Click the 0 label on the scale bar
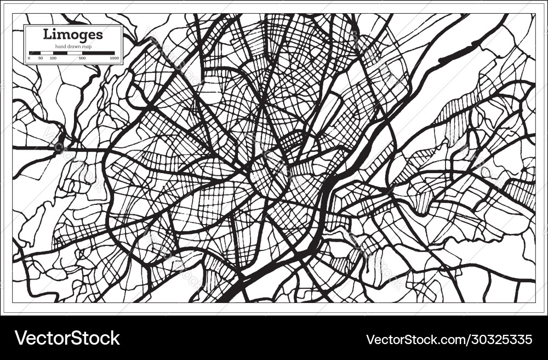(29, 58)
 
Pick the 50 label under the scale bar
(41, 58)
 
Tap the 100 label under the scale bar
(53, 58)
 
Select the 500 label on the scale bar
(82, 58)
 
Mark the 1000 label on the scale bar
(114, 58)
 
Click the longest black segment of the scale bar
(99, 53)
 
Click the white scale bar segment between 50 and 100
(47, 53)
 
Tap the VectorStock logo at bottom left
(67, 338)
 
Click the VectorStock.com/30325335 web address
(450, 339)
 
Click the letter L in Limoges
(47, 34)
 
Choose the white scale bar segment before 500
(76, 53)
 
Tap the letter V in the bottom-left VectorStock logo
(21, 338)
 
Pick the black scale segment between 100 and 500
(60, 53)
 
